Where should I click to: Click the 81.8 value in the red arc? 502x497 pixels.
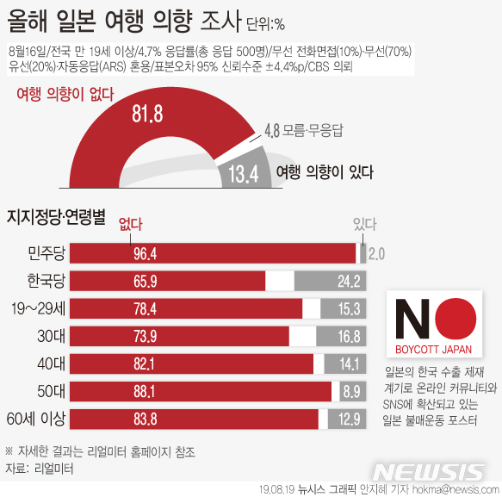tap(145, 113)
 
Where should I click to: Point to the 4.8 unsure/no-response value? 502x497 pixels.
tap(270, 130)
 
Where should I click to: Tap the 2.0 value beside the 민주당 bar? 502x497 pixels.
tap(376, 253)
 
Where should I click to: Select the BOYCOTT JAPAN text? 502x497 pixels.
tap(434, 350)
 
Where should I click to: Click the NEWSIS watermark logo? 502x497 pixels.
tap(430, 472)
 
